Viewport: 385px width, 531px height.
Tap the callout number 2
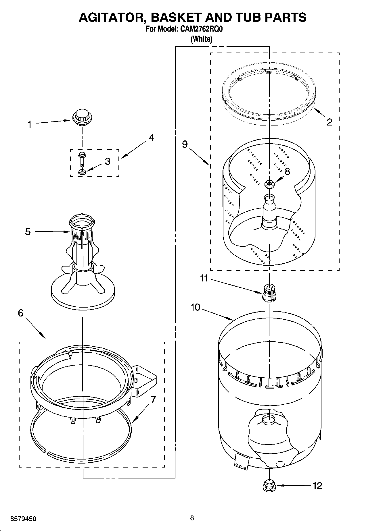pos(330,122)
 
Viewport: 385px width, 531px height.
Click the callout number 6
pos(20,313)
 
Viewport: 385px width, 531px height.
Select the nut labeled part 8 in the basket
pos(269,184)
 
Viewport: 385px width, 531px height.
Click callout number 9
pos(185,144)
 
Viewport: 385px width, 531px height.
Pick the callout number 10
pos(195,307)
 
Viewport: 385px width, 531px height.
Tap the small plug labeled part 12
pos(269,486)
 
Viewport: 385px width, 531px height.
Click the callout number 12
pos(317,486)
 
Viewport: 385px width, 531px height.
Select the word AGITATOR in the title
pos(112,18)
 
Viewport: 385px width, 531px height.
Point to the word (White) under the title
pos(201,39)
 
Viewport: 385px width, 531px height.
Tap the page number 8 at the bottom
pos(192,518)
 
